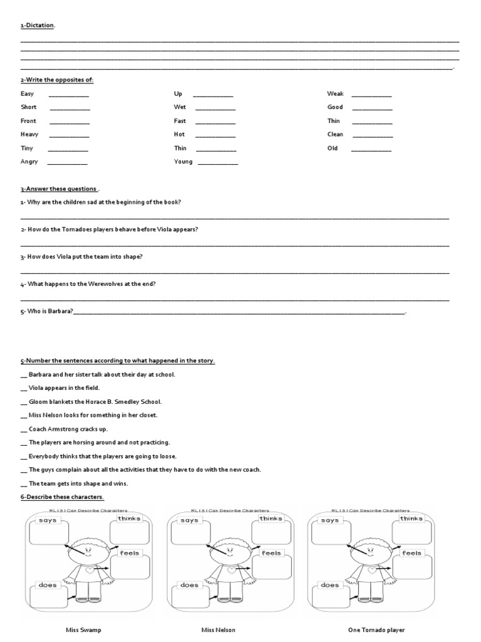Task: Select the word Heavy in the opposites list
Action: (29, 135)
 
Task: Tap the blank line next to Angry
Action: (67, 164)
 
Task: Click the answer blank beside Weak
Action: (371, 96)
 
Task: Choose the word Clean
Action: (335, 135)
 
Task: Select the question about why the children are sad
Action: (101, 202)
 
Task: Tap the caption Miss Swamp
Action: (83, 630)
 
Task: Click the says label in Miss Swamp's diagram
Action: (48, 520)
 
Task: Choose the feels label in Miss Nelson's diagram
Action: (271, 553)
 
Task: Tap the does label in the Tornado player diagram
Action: (330, 585)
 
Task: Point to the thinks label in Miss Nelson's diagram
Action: (271, 518)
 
